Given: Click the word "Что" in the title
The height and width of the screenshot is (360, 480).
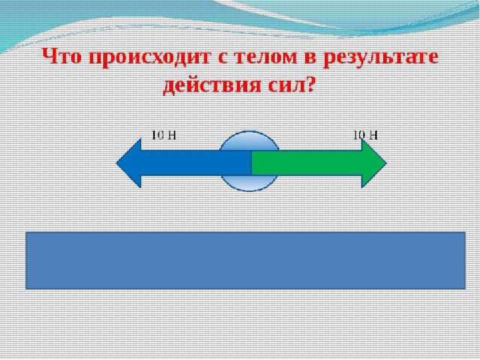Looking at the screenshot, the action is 62,57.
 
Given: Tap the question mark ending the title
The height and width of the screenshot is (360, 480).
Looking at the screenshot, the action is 310,83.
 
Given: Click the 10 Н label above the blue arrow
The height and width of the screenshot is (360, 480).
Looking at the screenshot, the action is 164,135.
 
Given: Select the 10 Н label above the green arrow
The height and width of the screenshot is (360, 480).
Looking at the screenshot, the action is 365,135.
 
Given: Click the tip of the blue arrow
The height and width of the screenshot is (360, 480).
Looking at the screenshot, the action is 116,163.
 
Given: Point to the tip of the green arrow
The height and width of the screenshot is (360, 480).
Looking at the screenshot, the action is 387,163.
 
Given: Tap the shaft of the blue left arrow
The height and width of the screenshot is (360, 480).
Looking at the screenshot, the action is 196,163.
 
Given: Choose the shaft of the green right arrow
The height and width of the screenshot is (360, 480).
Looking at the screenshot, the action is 307,163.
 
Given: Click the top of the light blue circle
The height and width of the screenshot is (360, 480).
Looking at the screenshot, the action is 249,132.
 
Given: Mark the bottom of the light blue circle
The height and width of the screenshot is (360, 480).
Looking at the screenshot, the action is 249,191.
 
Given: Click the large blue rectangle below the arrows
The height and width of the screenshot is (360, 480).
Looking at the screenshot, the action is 245,260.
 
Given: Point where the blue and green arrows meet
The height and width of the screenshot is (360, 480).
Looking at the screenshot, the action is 252,163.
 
